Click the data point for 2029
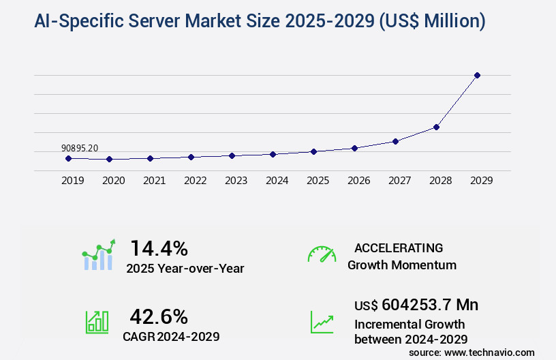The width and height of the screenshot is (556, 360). pyautogui.click(x=477, y=75)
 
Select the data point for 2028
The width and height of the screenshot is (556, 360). pyautogui.click(x=436, y=127)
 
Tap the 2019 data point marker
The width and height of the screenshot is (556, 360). pyautogui.click(x=68, y=158)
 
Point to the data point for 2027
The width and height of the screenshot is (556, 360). pyautogui.click(x=395, y=141)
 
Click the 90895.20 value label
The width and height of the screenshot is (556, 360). pyautogui.click(x=80, y=148)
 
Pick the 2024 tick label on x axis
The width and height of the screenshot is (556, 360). pyautogui.click(x=277, y=181)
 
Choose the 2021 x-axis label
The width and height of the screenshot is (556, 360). pyautogui.click(x=154, y=181)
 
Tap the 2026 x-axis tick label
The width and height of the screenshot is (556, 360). pyautogui.click(x=358, y=181)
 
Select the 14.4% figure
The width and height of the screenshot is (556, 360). pyautogui.click(x=159, y=247)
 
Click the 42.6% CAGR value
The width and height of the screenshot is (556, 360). pyautogui.click(x=159, y=316)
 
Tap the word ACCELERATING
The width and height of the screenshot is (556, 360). pyautogui.click(x=399, y=247)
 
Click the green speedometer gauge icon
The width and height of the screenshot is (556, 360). pyautogui.click(x=322, y=254)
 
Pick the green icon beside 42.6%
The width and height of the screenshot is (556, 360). pyautogui.click(x=96, y=322)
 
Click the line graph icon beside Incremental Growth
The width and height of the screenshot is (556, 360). pyautogui.click(x=322, y=322)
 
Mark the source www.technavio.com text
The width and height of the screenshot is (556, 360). pyautogui.click(x=472, y=352)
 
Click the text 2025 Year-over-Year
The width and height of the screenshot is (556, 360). pyautogui.click(x=185, y=269)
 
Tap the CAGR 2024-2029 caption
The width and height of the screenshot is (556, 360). pyautogui.click(x=171, y=336)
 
